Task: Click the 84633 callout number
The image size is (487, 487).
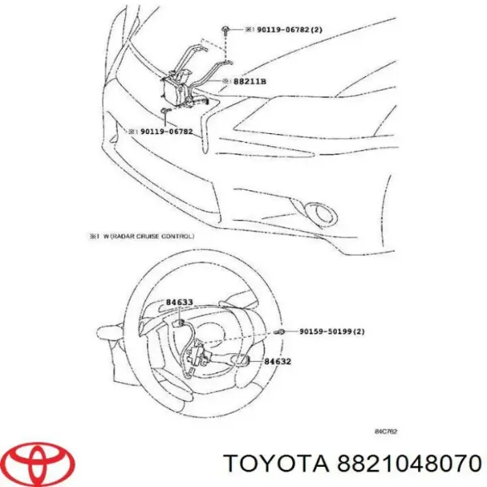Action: (x=179, y=304)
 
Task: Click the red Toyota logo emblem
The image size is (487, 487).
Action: (x=38, y=463)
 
